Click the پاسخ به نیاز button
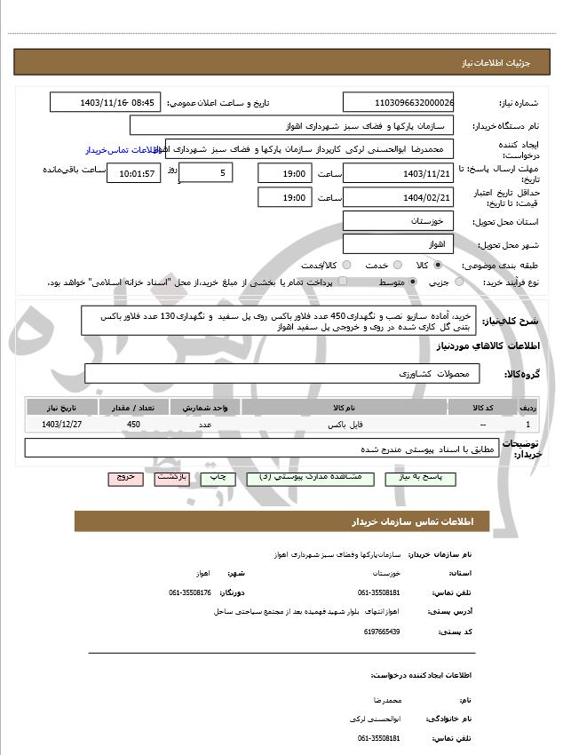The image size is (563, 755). click(426, 478)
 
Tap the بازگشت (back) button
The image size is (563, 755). click(170, 477)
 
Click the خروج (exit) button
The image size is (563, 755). click(125, 477)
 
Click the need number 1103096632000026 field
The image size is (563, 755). click(398, 103)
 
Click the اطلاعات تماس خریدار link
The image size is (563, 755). click(124, 150)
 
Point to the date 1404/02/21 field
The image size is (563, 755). click(398, 197)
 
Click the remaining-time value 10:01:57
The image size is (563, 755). click(133, 173)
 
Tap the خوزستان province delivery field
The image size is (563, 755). click(398, 220)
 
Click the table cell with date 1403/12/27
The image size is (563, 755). click(59, 425)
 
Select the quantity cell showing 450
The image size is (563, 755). click(133, 425)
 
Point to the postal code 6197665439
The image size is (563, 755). click(382, 632)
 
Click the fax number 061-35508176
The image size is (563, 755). click(190, 592)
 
